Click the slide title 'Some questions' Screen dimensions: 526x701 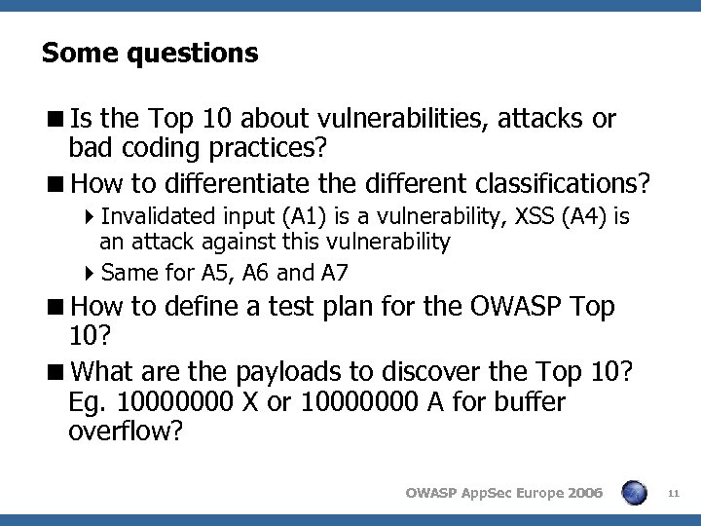(x=150, y=53)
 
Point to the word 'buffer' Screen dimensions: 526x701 (x=528, y=401)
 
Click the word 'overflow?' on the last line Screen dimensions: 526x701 (x=126, y=431)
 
